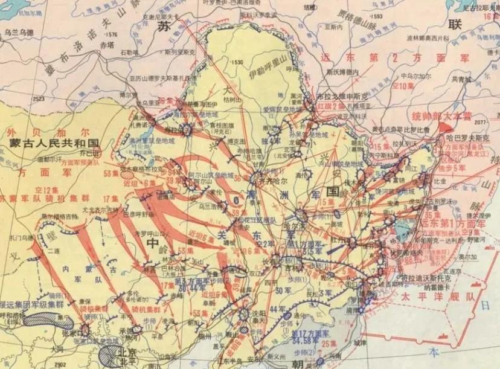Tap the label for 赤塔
coord(106,44)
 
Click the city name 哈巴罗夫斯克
coord(465,136)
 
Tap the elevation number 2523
coord(39,98)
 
